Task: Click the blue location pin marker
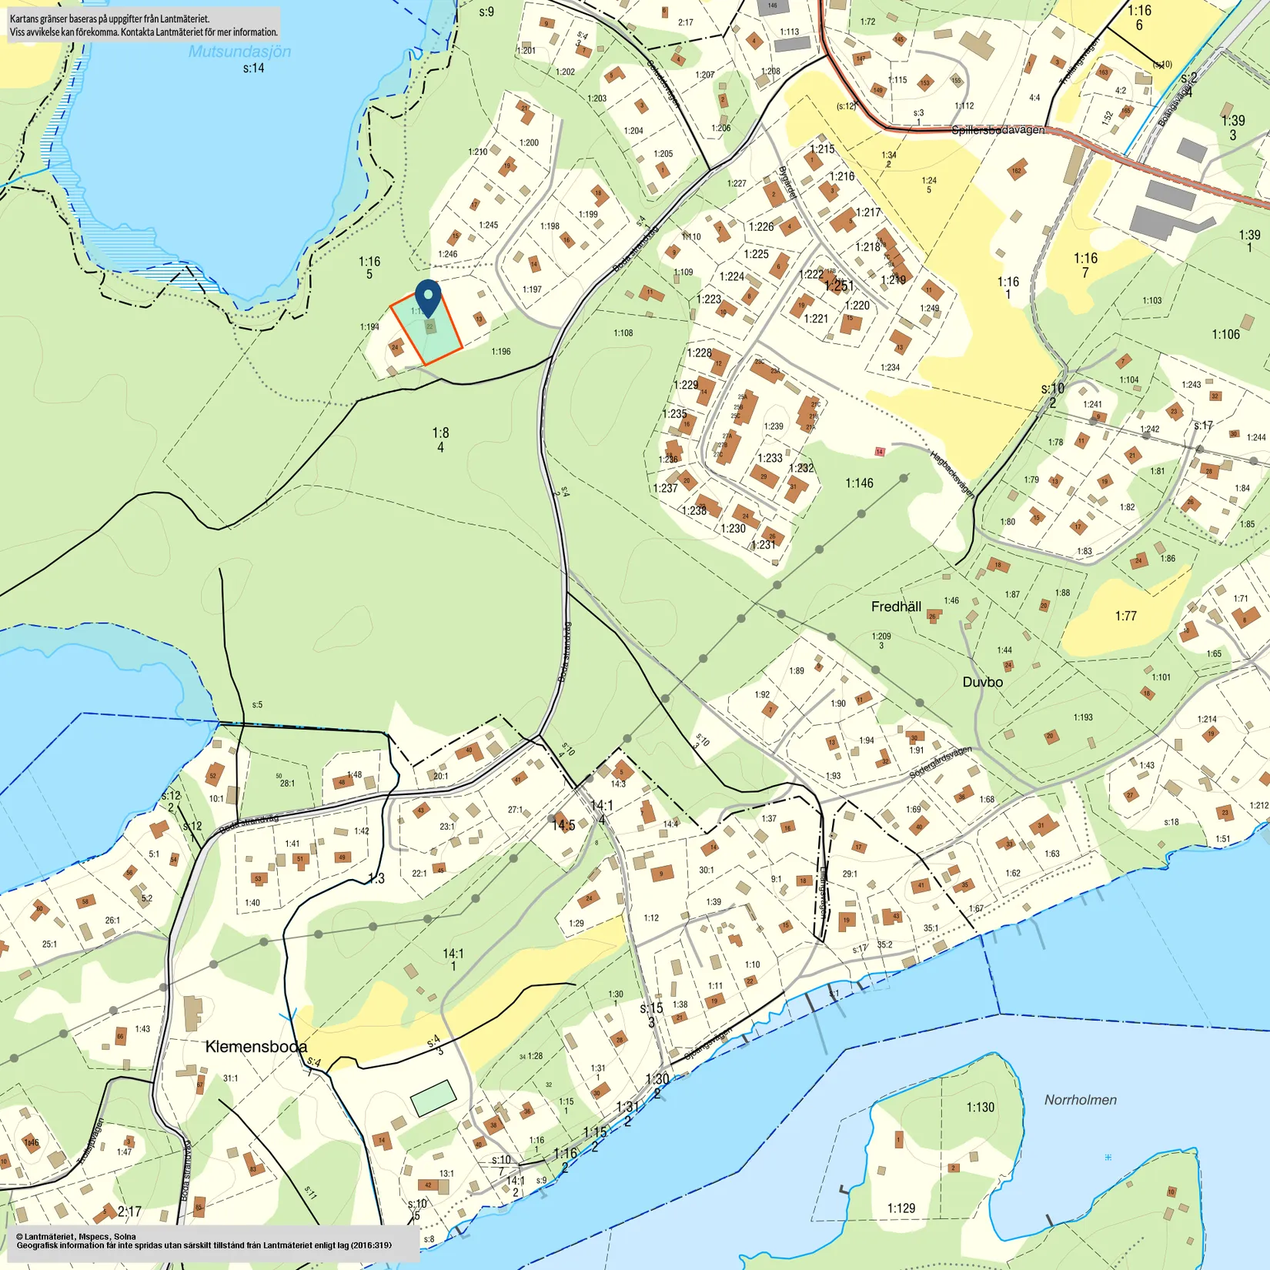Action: tap(428, 296)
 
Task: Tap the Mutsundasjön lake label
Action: tap(239, 52)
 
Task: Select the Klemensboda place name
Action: tap(256, 1047)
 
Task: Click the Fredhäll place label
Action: tap(896, 607)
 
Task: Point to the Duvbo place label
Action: tap(982, 682)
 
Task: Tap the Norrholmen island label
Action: tap(1080, 1100)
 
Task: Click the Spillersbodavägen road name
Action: tap(998, 130)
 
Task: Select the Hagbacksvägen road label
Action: tap(952, 473)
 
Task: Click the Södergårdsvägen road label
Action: tap(940, 762)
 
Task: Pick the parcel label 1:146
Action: tap(859, 483)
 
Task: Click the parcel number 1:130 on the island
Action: tap(980, 1108)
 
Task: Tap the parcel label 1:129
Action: tap(901, 1208)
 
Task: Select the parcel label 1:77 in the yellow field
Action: tap(1125, 616)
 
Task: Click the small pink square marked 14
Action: tap(879, 452)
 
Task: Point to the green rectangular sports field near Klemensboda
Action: tap(433, 1098)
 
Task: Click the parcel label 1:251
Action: tap(838, 286)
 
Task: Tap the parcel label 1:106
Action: tap(1225, 334)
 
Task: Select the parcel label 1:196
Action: tap(500, 352)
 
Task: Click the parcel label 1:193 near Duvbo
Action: tap(1082, 717)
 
